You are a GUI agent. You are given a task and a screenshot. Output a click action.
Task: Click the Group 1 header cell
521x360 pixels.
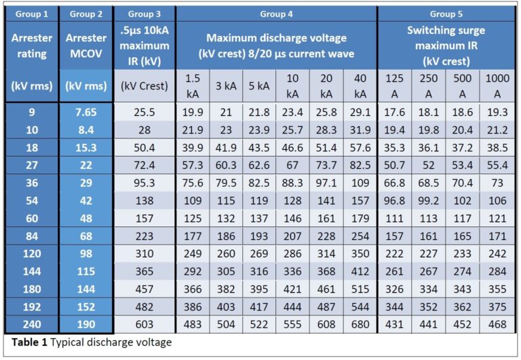point(32,14)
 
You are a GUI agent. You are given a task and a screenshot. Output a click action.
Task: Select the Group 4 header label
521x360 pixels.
point(276,14)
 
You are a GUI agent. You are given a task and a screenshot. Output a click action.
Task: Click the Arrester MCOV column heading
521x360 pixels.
point(85,45)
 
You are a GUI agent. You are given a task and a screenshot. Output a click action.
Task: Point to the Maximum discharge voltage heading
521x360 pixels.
point(276,45)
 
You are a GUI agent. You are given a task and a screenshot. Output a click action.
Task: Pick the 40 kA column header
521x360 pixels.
point(360,86)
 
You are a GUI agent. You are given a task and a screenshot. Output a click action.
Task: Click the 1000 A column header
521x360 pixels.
point(497,86)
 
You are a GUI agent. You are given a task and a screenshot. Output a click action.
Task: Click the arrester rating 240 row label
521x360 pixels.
point(32,324)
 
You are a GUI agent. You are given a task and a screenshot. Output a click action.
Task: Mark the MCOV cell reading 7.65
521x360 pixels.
point(85,111)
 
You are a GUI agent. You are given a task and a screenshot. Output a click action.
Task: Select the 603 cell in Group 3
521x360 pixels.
point(144,324)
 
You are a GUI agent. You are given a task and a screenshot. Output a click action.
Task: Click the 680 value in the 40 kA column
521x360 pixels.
point(360,324)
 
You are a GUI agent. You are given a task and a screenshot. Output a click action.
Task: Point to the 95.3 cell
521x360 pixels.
point(144,182)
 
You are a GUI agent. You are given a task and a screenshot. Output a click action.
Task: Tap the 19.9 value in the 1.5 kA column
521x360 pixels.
point(193,111)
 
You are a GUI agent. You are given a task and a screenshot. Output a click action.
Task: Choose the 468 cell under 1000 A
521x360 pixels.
point(497,324)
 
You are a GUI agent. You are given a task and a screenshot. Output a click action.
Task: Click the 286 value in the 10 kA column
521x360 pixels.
point(292,253)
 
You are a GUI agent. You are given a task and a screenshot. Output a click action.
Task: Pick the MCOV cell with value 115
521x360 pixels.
point(85,271)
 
